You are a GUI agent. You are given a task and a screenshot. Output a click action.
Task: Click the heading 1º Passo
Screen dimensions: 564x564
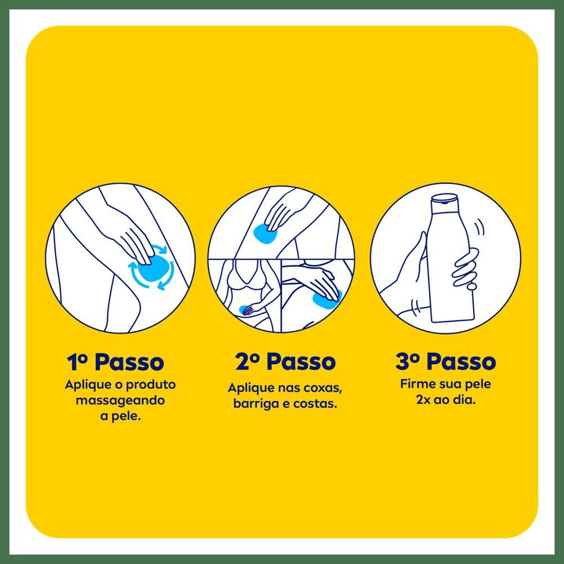(x=116, y=362)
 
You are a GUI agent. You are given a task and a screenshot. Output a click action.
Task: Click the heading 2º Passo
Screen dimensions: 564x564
(x=285, y=361)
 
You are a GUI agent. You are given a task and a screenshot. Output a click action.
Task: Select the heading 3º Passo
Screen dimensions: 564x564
(x=446, y=361)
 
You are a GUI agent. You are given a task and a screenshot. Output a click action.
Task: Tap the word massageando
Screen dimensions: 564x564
(x=120, y=400)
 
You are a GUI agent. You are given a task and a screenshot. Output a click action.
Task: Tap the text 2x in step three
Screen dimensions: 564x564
(x=423, y=400)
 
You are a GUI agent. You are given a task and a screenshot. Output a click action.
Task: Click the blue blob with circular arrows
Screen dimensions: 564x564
(x=151, y=267)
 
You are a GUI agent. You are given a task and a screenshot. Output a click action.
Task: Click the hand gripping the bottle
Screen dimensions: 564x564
(x=466, y=267)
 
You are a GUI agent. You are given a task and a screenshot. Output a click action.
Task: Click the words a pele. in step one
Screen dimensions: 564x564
(x=120, y=417)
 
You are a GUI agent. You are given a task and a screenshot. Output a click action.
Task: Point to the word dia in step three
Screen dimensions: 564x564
(x=466, y=400)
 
